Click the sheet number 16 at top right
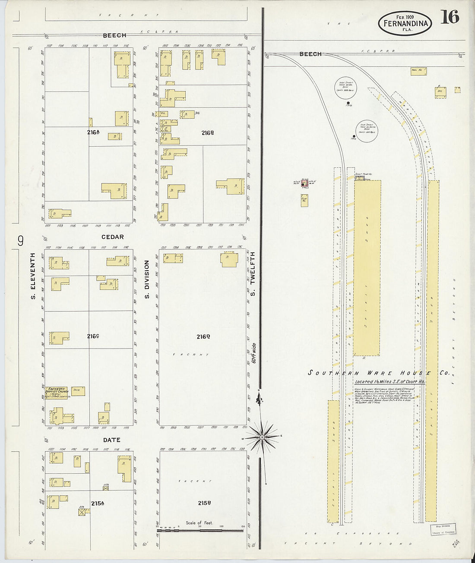[450, 17]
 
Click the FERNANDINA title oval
[405, 23]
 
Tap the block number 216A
[93, 132]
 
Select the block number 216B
[208, 133]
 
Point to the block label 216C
[93, 336]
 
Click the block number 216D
[203, 337]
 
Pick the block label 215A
[97, 503]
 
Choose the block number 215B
[204, 503]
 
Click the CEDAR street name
[112, 237]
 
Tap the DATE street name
[111, 440]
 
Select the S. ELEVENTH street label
[33, 276]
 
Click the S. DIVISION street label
[147, 279]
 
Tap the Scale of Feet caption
[199, 523]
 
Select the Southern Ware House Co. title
[378, 373]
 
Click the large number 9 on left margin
[20, 241]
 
